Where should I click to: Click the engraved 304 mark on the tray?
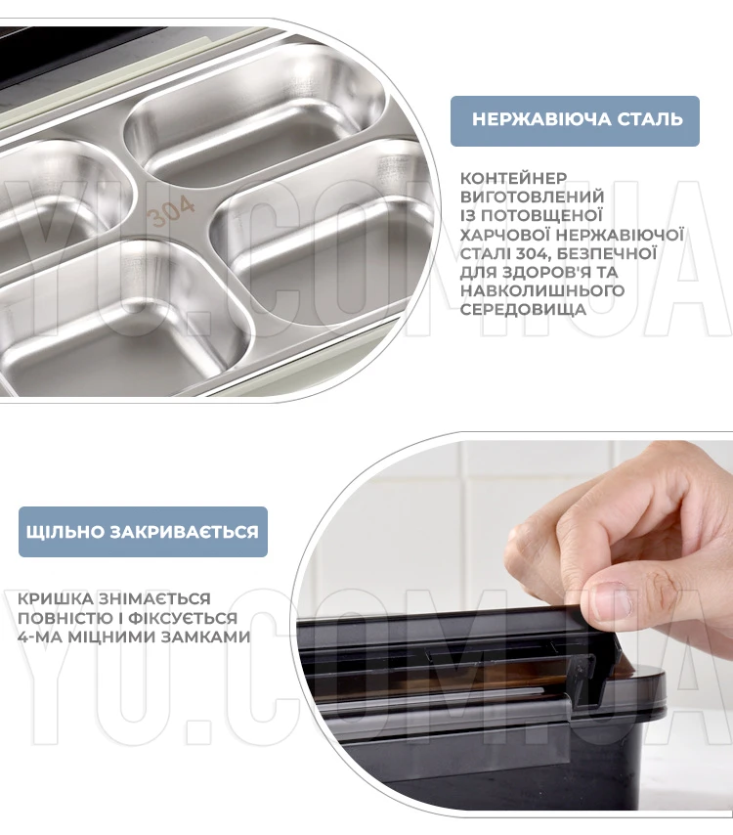(x=170, y=211)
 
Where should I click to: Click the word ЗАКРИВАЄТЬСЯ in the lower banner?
(x=184, y=532)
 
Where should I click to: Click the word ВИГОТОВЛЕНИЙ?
(x=533, y=197)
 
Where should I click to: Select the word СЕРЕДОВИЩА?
(x=523, y=309)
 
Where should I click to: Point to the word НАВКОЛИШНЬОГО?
(x=541, y=290)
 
